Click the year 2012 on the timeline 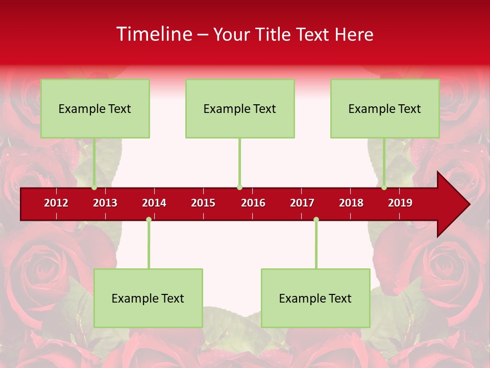[x=56, y=203]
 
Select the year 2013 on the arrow [x=105, y=203]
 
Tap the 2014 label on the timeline [x=154, y=203]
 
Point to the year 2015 [x=203, y=203]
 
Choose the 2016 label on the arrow [x=253, y=203]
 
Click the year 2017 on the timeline [x=302, y=203]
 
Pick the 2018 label [x=351, y=203]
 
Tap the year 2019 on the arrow [x=400, y=203]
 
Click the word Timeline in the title [x=154, y=34]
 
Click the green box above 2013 [x=95, y=108]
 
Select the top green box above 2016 [x=240, y=108]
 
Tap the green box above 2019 [x=385, y=108]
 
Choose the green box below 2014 [x=148, y=298]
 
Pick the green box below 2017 [x=315, y=298]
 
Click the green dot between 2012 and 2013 [x=94, y=187]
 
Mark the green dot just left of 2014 [x=149, y=220]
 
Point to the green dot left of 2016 [x=239, y=187]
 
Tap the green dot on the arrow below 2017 [x=316, y=220]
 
